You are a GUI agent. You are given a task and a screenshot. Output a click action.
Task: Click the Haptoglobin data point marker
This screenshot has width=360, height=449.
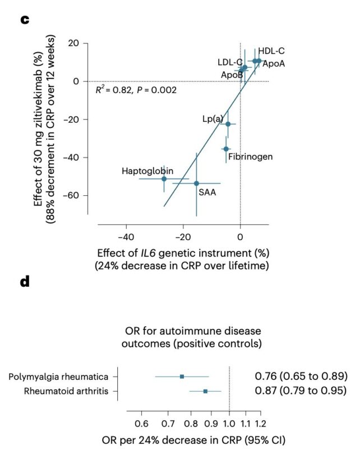pyautogui.click(x=164, y=178)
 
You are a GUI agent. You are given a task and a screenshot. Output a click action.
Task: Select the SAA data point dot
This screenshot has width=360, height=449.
pyautogui.click(x=196, y=183)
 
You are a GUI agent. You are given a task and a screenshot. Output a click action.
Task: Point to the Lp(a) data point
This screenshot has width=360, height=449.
pyautogui.click(x=228, y=124)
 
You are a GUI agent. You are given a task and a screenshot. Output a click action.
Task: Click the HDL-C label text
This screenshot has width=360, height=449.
pyautogui.click(x=271, y=51)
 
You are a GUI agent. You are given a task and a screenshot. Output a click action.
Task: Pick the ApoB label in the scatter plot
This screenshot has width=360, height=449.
pyautogui.click(x=232, y=74)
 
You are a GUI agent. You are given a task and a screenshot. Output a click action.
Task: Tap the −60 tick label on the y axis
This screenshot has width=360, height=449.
pyautogui.click(x=71, y=195)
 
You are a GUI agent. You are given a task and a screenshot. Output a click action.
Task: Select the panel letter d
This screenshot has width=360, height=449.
pyautogui.click(x=25, y=283)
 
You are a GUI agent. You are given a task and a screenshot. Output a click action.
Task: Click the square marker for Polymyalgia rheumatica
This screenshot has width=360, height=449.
pyautogui.click(x=182, y=376)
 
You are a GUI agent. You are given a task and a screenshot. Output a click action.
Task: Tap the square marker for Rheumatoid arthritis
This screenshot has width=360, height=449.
pyautogui.click(x=205, y=391)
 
